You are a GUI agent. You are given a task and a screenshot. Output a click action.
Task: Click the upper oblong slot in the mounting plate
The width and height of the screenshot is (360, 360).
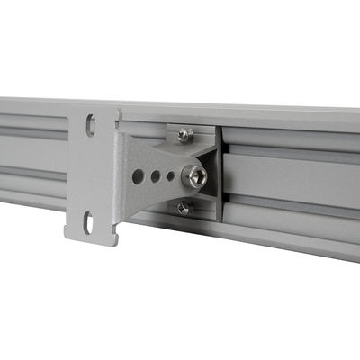coord(91,126)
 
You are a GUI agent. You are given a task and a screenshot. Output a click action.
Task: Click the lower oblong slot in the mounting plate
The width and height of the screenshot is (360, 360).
coord(88,221)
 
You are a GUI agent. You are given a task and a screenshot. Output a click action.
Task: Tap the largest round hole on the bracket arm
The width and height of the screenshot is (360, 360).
coord(139,176)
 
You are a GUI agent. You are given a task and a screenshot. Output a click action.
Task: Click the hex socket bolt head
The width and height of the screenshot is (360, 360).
coord(193,176)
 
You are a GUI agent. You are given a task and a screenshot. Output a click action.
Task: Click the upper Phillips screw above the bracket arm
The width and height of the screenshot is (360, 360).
coord(184,135)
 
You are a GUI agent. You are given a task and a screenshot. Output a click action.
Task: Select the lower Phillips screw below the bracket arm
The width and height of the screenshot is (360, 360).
coord(184,208)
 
